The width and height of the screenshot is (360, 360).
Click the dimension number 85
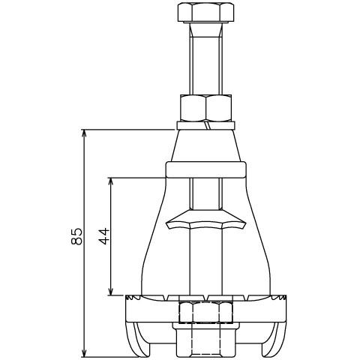tap(76, 236)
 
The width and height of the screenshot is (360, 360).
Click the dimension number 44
tap(104, 236)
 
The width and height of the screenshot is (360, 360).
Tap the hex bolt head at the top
tap(205, 13)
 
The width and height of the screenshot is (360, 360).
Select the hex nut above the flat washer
tap(205, 108)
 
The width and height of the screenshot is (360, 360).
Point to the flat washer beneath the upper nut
tap(205, 125)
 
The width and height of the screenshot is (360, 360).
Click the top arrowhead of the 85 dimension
tap(85, 133)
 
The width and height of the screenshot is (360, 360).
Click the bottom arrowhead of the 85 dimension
tap(85, 353)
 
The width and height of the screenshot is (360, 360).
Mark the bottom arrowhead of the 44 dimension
tap(111, 291)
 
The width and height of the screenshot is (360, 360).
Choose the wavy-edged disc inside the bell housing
tap(205, 220)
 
